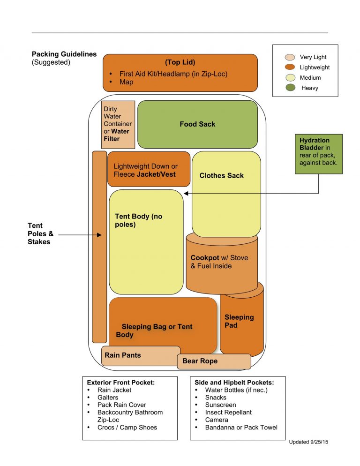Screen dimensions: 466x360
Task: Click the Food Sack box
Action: [x=197, y=124]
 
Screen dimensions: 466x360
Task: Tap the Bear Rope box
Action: [x=214, y=361]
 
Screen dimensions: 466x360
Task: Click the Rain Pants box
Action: [x=141, y=355]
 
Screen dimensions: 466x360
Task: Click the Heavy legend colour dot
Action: [x=290, y=88]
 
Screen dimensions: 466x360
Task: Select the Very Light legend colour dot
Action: [x=290, y=57]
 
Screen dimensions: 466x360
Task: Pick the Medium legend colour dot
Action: [x=290, y=77]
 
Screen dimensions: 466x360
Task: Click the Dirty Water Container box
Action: [x=118, y=124]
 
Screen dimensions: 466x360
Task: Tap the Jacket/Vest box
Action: [x=149, y=169]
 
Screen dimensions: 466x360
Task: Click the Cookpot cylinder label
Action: [x=219, y=262]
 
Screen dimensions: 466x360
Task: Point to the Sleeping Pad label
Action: [x=239, y=321]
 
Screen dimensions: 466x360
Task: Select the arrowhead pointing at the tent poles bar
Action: [x=99, y=234]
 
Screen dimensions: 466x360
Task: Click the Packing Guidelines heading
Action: [x=64, y=54]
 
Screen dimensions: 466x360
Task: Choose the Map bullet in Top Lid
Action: [x=126, y=82]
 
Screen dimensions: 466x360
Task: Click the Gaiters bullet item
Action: [x=108, y=398]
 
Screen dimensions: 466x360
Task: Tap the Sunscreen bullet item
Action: [x=220, y=405]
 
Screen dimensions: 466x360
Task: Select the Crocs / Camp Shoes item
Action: [x=127, y=428]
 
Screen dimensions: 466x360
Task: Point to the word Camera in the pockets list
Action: [x=217, y=420]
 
